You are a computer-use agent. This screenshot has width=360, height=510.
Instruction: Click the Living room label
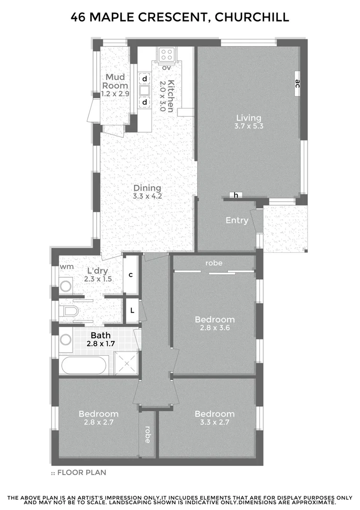pos(249,118)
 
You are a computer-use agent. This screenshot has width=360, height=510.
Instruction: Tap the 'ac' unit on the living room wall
pos(297,84)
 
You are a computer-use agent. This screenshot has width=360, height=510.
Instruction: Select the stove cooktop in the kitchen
pos(166,54)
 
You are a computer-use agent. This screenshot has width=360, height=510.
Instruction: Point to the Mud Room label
pos(115,81)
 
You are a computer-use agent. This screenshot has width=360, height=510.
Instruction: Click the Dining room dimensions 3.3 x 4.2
pos(147,196)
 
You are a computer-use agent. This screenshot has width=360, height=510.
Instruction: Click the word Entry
pos(237,220)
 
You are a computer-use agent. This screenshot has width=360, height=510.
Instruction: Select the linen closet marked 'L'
pos(132,311)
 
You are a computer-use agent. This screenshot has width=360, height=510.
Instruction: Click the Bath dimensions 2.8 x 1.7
pos(101,344)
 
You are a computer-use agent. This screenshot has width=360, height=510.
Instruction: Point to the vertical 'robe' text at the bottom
pos(148,434)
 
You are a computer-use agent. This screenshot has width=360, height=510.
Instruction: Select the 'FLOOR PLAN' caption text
pos(82,472)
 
